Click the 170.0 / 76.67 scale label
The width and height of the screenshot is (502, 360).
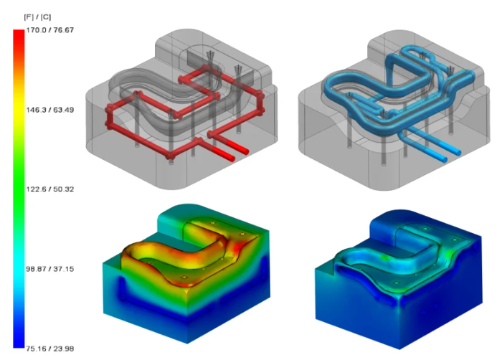click(x=50, y=30)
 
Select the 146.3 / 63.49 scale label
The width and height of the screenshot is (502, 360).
click(x=50, y=110)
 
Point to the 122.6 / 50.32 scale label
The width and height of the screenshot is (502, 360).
click(x=50, y=189)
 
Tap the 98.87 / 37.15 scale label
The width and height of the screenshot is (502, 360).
click(x=50, y=269)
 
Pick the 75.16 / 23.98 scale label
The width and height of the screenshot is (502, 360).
click(x=50, y=349)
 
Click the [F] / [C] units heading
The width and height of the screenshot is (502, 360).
click(x=37, y=17)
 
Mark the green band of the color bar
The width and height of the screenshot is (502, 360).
click(x=19, y=189)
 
